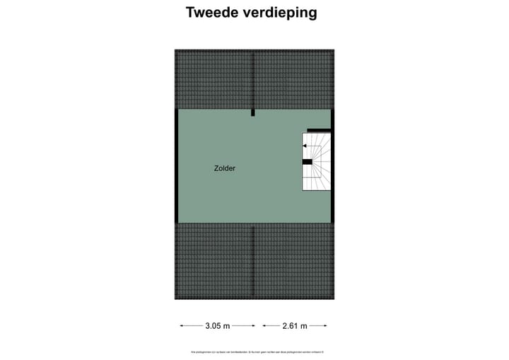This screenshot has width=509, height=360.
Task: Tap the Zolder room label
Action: (225, 169)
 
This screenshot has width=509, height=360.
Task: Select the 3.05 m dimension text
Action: (217, 326)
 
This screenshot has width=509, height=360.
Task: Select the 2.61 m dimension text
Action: (294, 326)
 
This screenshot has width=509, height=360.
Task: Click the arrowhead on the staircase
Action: (304, 146)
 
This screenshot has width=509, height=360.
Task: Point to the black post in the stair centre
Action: (308, 162)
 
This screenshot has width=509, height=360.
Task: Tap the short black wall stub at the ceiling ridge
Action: (253, 112)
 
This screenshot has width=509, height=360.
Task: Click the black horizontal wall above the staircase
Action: (319, 131)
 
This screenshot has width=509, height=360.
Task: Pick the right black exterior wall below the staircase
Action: (332, 205)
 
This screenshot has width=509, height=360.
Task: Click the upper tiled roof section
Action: (254, 79)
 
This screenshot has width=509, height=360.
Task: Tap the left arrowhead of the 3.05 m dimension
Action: (182, 326)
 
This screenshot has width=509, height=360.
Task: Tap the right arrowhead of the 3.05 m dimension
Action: (254, 326)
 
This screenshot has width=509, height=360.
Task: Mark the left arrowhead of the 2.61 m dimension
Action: (264, 326)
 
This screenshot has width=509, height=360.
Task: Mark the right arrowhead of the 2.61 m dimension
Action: (325, 326)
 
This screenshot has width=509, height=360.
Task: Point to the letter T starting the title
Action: (190, 12)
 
